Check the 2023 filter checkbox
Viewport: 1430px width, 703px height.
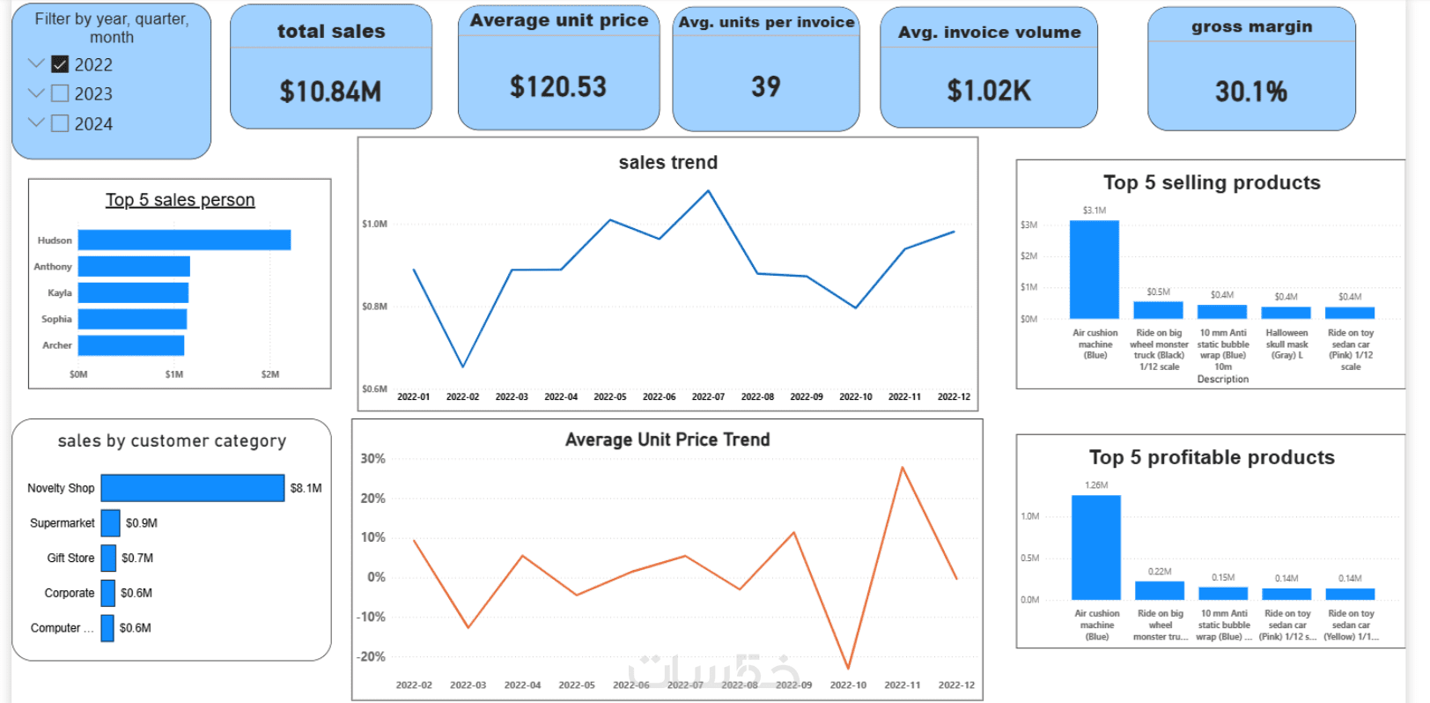coord(60,93)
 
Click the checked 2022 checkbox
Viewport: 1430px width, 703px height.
coord(60,64)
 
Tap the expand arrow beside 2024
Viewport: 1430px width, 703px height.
coord(36,122)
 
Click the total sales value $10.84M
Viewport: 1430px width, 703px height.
coord(330,92)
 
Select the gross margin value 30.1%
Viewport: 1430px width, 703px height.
coord(1250,92)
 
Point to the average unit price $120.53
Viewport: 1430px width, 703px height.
coord(558,87)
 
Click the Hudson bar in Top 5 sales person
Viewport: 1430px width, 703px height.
coord(184,240)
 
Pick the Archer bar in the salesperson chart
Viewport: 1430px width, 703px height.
coord(131,345)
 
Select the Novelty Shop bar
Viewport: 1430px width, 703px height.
coord(192,488)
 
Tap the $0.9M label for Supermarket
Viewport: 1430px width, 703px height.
coord(141,523)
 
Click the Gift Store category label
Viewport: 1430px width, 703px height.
coord(70,558)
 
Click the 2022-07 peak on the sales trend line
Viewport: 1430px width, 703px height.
coord(708,190)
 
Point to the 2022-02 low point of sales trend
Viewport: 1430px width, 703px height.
coord(463,366)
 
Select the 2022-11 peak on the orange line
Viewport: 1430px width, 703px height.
coord(903,468)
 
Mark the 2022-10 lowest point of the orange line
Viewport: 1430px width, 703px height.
coord(848,668)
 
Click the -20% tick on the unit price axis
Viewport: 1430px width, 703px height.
coord(371,656)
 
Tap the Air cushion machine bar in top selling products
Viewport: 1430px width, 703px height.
coord(1095,269)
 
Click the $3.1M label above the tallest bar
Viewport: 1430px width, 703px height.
coord(1095,211)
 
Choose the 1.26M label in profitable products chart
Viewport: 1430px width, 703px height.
coord(1096,485)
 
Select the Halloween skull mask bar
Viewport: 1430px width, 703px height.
coord(1286,313)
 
